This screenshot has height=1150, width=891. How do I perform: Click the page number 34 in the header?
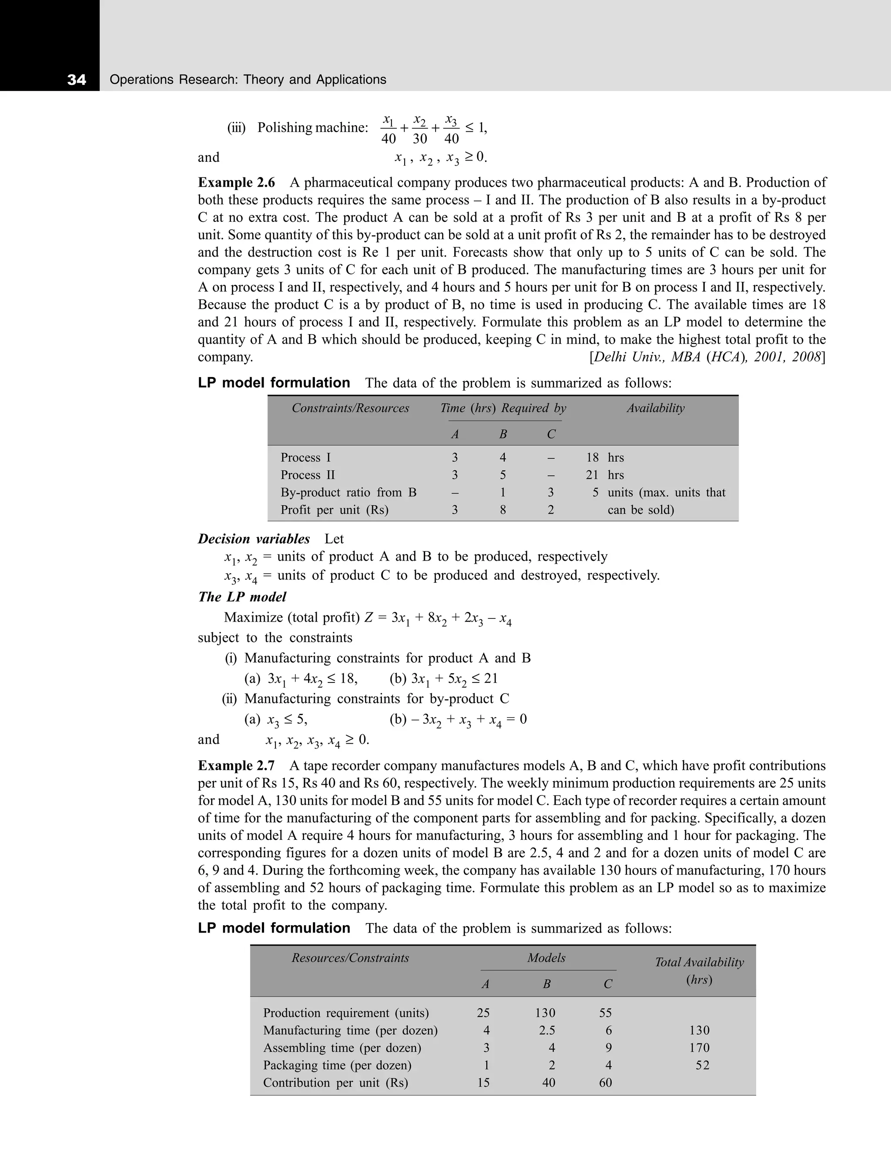coord(77,80)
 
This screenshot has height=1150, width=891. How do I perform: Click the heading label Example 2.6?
coord(236,183)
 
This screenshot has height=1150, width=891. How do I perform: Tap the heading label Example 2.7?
coord(236,766)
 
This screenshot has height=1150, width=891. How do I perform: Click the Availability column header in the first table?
coord(655,408)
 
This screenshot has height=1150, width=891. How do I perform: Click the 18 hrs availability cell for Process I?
coord(605,458)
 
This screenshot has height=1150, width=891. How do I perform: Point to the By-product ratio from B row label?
coord(348,492)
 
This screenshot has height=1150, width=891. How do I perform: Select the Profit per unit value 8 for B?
coord(503,510)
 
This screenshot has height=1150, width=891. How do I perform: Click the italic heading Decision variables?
coord(254,539)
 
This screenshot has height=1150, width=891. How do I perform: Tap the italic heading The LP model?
coord(242,597)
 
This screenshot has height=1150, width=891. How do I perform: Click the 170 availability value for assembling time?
coord(699,1048)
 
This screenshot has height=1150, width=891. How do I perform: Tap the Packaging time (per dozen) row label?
coord(337,1065)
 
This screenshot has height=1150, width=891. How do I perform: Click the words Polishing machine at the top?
coord(312,128)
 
